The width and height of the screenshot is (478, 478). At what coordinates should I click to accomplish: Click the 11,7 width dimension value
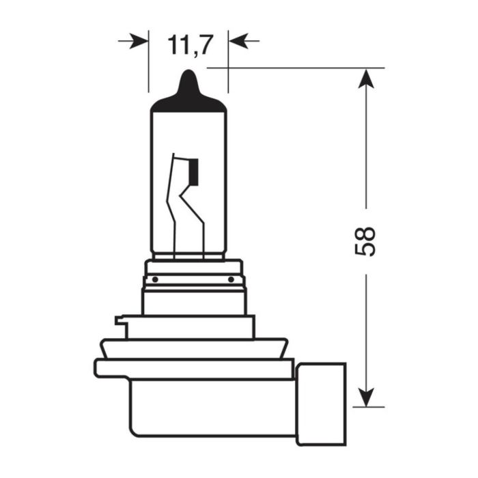point(188,45)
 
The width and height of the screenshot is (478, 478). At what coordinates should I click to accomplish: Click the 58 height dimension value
point(367,240)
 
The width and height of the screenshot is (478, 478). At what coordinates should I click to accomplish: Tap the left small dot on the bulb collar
point(155,279)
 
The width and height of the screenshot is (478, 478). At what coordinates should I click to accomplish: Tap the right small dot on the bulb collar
point(231,279)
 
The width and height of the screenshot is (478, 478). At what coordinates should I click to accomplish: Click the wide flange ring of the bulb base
point(195,367)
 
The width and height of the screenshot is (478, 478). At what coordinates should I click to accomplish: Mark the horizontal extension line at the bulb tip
point(294,68)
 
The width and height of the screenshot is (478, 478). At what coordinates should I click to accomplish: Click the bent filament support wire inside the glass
point(179,205)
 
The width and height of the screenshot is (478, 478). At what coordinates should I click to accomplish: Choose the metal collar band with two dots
point(193,279)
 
